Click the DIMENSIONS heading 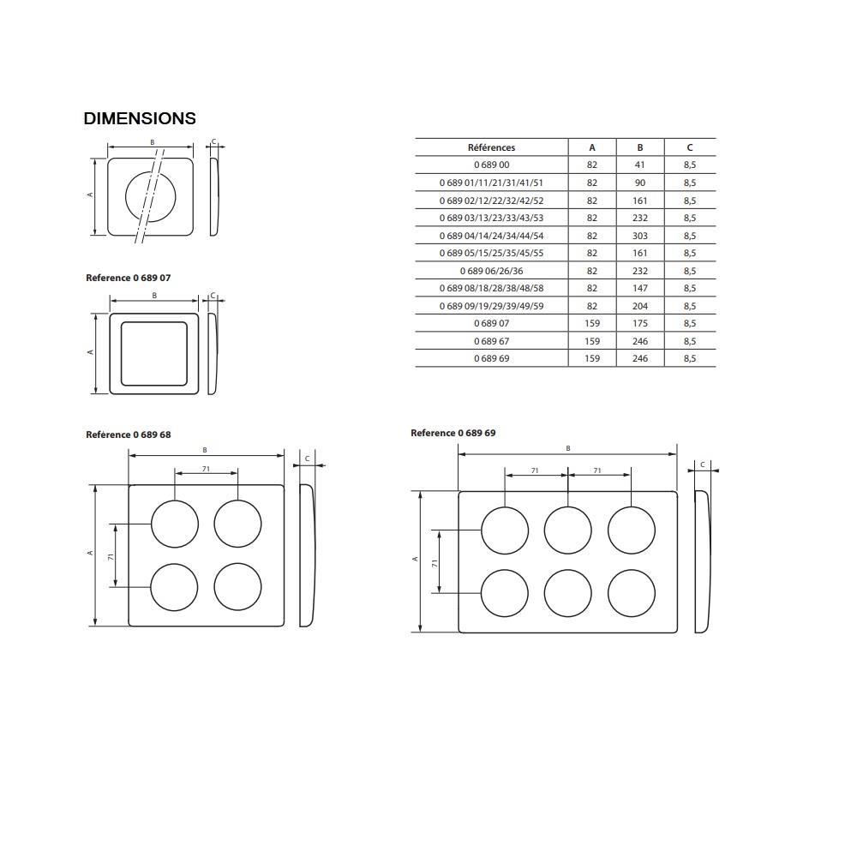tap(140, 118)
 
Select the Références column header tap(491, 147)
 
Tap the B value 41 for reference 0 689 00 tap(640, 165)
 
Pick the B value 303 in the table tap(640, 237)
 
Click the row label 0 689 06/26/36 tap(491, 271)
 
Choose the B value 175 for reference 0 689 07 tap(640, 324)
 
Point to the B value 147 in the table tap(640, 289)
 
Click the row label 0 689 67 tap(491, 342)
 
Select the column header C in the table tap(690, 147)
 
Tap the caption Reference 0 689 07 tap(129, 278)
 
